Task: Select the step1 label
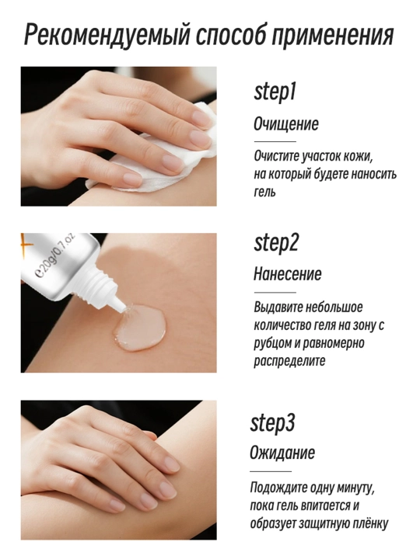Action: pos(275,93)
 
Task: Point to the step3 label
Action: pos(272,424)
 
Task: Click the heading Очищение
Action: pos(285,124)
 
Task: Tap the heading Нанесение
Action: pos(288,274)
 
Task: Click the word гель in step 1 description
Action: pos(264,193)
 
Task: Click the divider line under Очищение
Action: pos(275,142)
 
